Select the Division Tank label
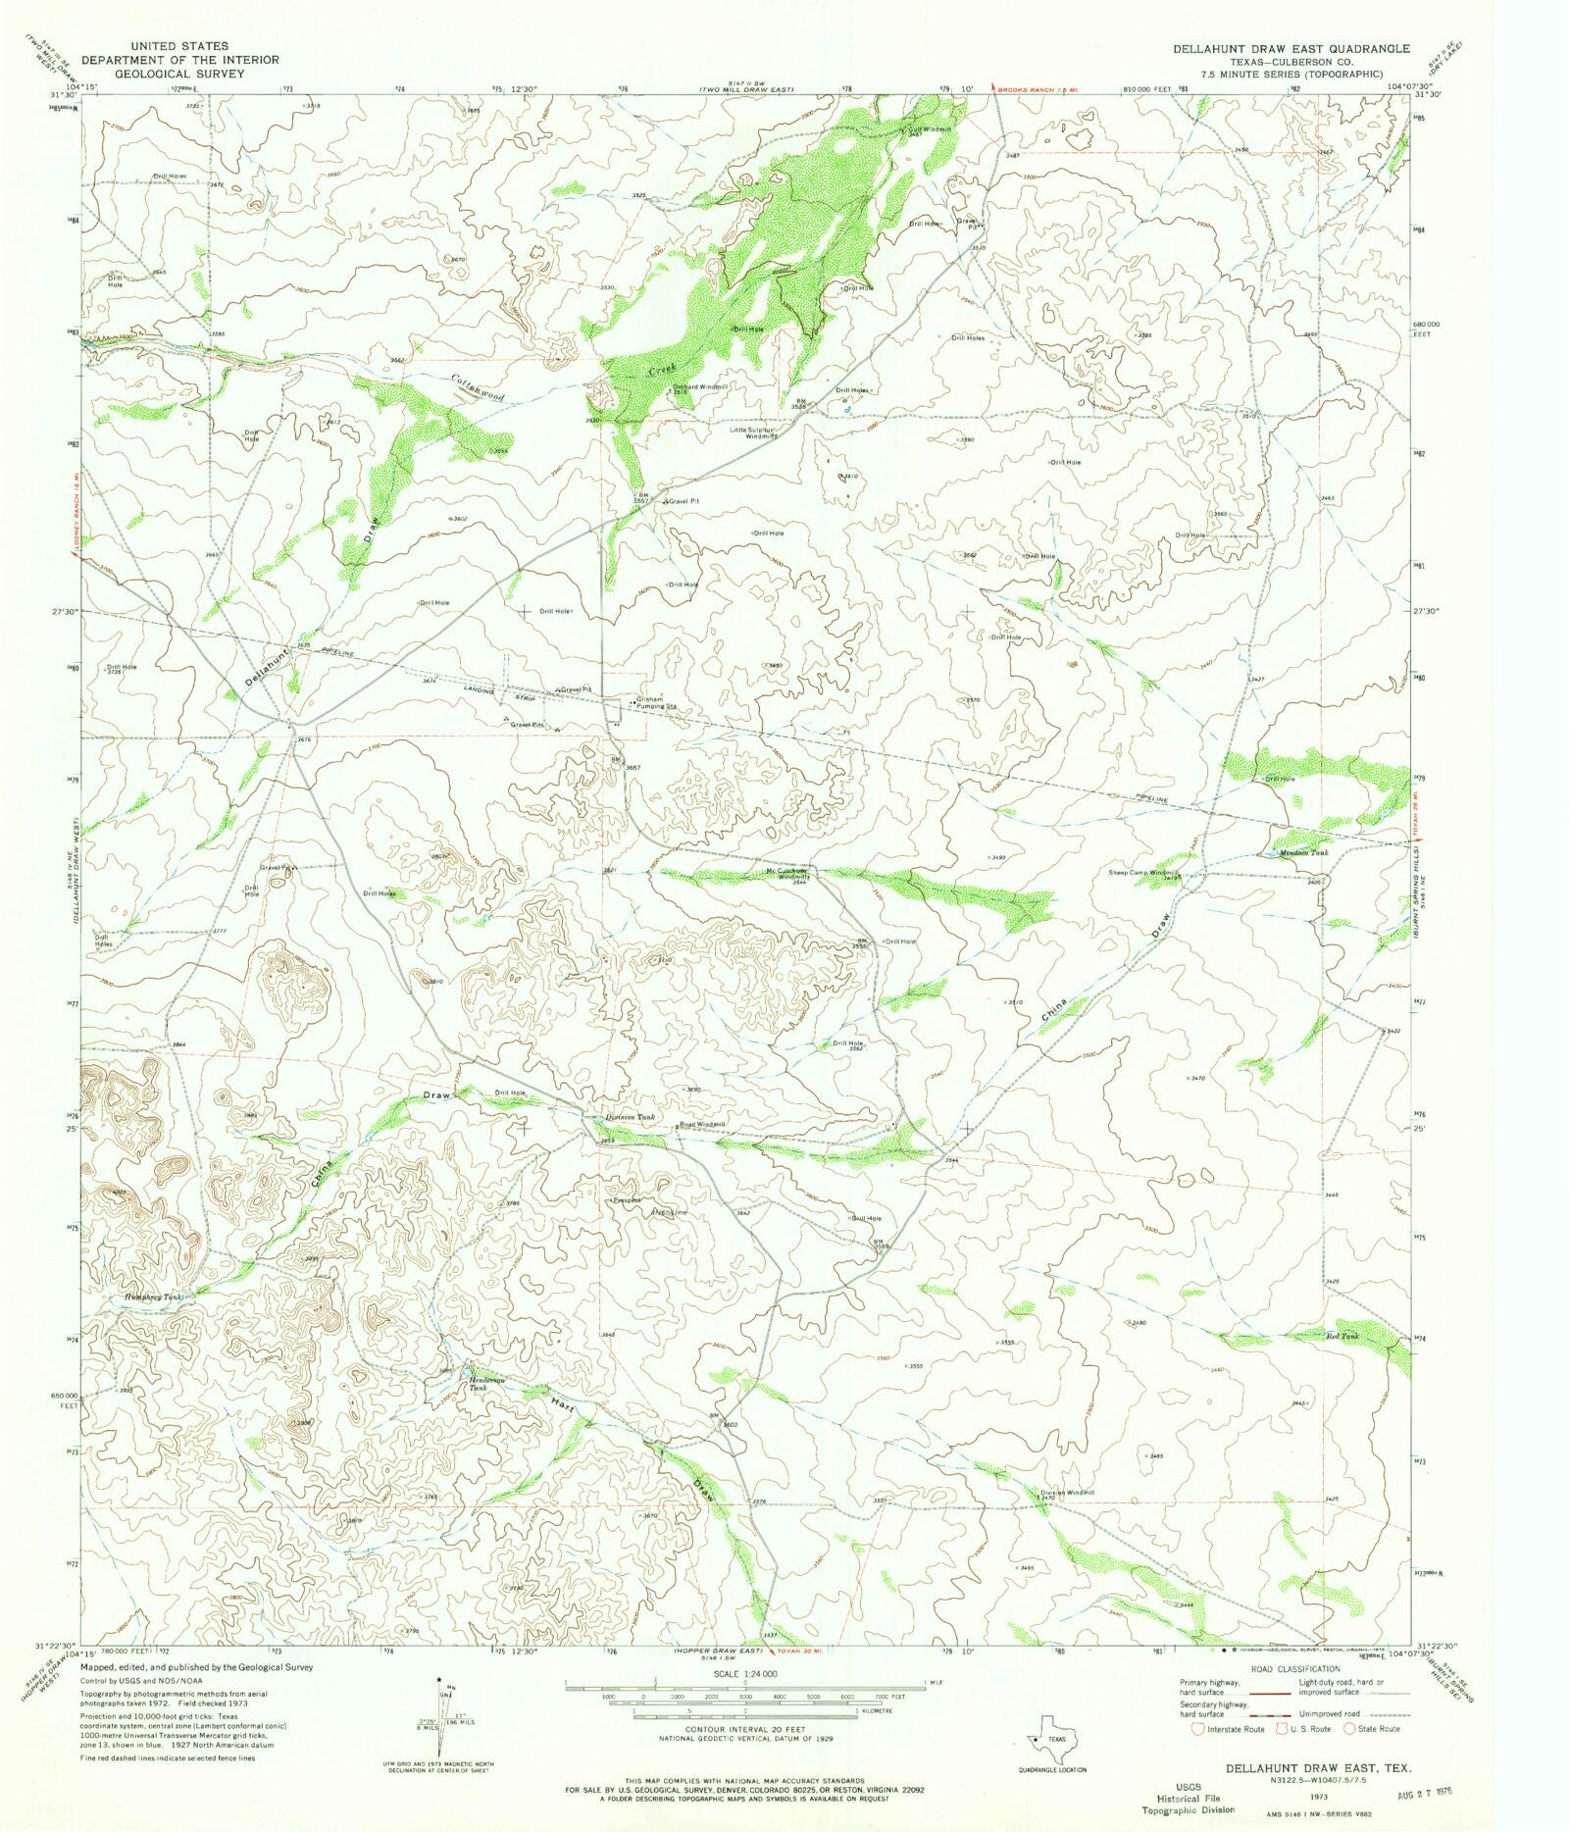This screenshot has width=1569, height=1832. pyautogui.click(x=629, y=1117)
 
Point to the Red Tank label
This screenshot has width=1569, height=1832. pyautogui.click(x=1342, y=1336)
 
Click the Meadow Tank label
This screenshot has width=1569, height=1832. pyautogui.click(x=1304, y=852)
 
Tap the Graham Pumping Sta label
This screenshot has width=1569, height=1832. pyautogui.click(x=657, y=702)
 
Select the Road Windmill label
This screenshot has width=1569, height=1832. pyautogui.click(x=703, y=1124)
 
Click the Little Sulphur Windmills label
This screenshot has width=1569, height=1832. pyautogui.click(x=754, y=433)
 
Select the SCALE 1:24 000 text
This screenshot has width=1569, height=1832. pyautogui.click(x=745, y=1673)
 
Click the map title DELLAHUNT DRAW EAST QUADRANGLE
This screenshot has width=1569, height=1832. pyautogui.click(x=1291, y=48)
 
